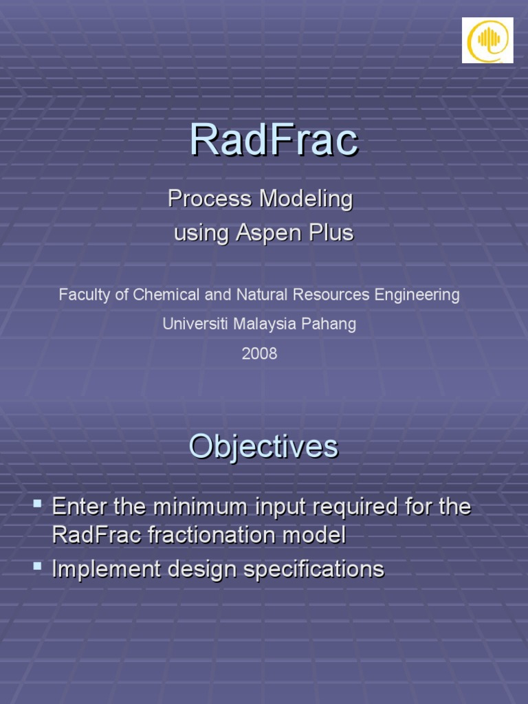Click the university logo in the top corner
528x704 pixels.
click(487, 41)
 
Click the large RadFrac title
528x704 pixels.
click(274, 140)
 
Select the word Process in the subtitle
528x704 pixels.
click(210, 199)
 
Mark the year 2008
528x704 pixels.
click(259, 353)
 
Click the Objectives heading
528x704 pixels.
click(263, 447)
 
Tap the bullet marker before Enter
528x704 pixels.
click(37, 507)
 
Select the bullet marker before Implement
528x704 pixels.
click(37, 567)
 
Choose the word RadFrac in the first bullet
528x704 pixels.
click(97, 536)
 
